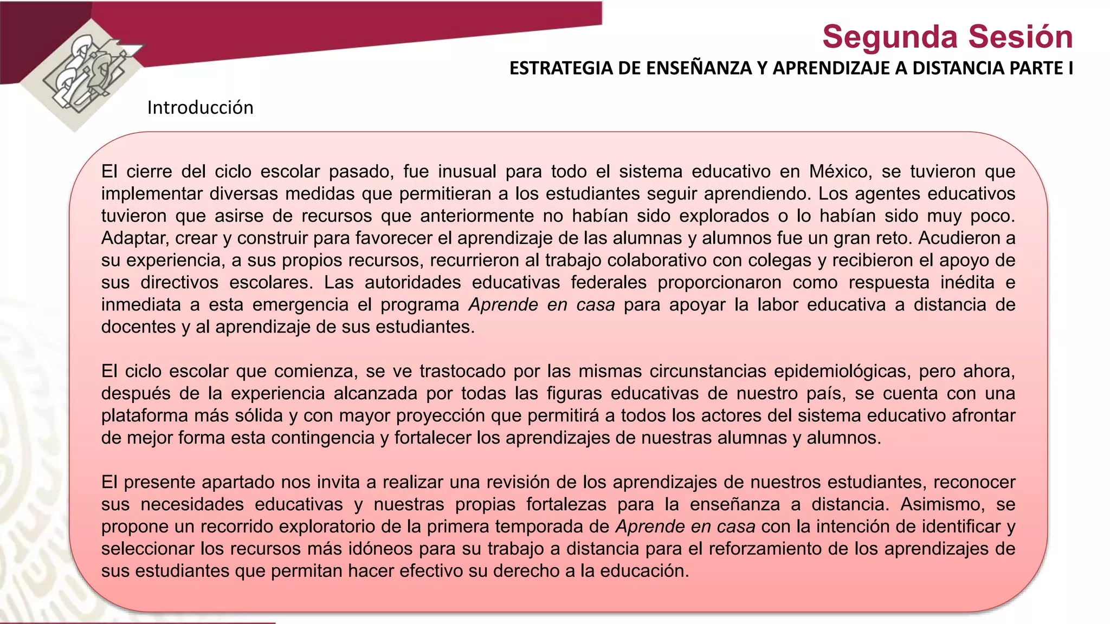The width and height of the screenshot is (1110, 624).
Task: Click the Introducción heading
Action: click(x=200, y=108)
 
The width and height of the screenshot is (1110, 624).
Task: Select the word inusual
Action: click(x=467, y=172)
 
